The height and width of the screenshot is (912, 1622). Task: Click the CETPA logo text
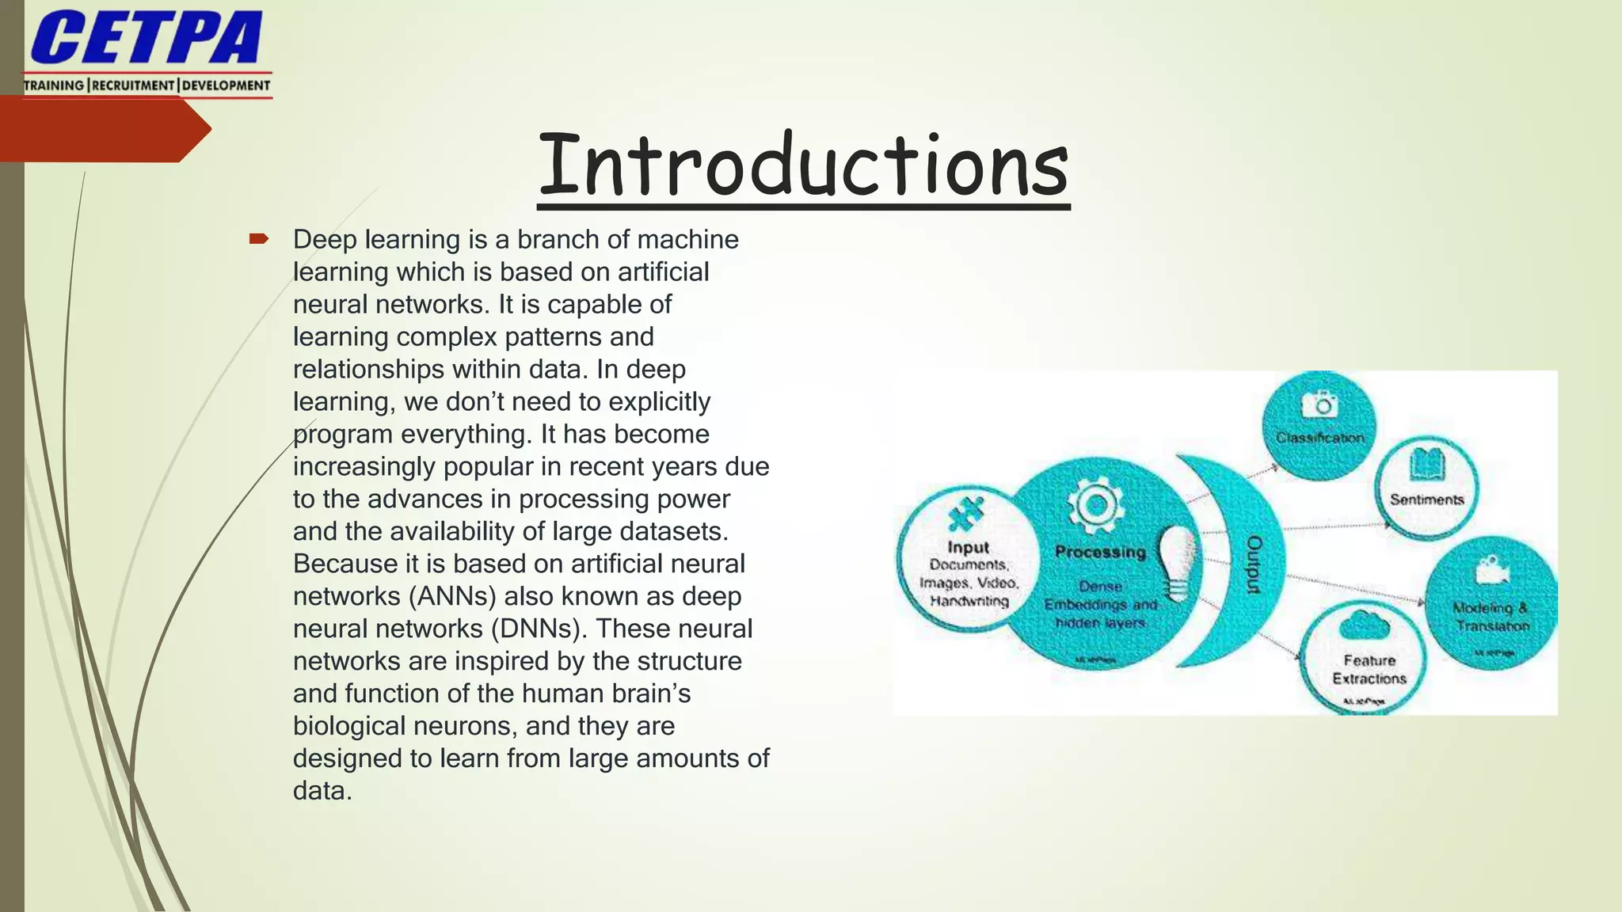click(x=146, y=38)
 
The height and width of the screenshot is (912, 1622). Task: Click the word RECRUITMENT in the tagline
click(x=133, y=85)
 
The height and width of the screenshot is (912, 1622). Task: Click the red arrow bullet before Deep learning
click(x=259, y=238)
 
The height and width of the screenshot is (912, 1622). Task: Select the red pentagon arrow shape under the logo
click(x=103, y=129)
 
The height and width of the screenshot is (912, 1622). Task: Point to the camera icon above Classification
click(x=1320, y=405)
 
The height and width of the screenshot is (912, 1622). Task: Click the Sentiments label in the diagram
click(x=1426, y=500)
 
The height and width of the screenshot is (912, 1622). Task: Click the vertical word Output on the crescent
click(x=1254, y=564)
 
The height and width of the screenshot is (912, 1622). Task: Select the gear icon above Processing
click(x=1095, y=504)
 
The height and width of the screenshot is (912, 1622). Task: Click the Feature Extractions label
click(x=1369, y=670)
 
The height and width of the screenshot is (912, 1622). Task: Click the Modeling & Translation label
click(x=1491, y=617)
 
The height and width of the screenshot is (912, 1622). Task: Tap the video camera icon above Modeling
click(x=1491, y=569)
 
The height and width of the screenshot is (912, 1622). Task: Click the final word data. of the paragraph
click(x=322, y=791)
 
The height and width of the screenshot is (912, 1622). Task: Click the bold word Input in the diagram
click(x=968, y=547)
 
